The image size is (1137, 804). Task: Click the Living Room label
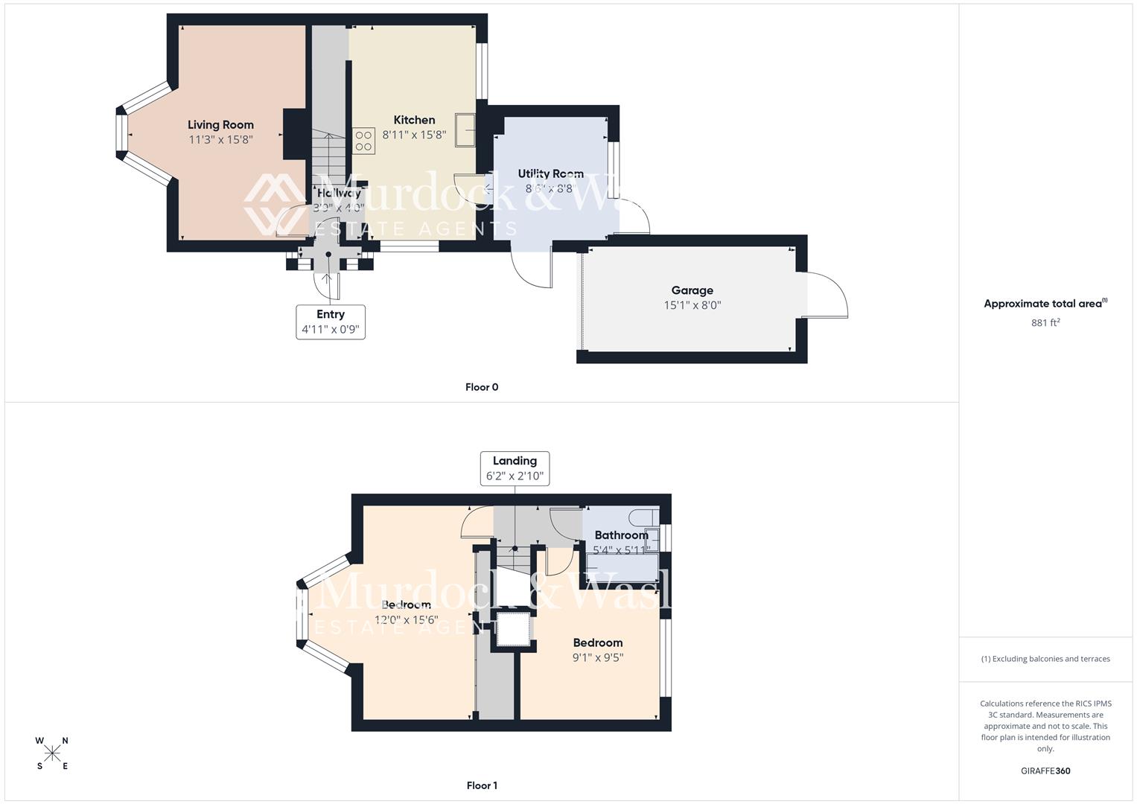[x=220, y=125]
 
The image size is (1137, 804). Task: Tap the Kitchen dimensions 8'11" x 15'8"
[x=414, y=135]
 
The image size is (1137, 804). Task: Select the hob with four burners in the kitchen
[x=363, y=141]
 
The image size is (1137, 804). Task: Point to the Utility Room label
[x=550, y=173]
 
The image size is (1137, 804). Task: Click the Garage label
[x=692, y=290]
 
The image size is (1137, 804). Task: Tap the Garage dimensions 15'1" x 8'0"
[x=692, y=305]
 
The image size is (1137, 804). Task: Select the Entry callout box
[x=331, y=322]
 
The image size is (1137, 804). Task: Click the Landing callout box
[x=515, y=468]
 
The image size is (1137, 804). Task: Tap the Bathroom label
[x=621, y=535]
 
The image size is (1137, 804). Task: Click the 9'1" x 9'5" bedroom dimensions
[x=597, y=657]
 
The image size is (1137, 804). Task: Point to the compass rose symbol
[x=52, y=753]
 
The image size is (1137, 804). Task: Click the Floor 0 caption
[x=482, y=387]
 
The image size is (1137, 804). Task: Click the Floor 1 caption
[x=482, y=785]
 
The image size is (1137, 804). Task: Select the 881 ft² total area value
[x=1045, y=322]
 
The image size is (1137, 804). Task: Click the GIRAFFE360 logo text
[x=1045, y=770]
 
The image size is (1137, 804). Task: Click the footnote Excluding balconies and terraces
[x=1045, y=659]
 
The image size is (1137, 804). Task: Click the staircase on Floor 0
[x=328, y=153]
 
